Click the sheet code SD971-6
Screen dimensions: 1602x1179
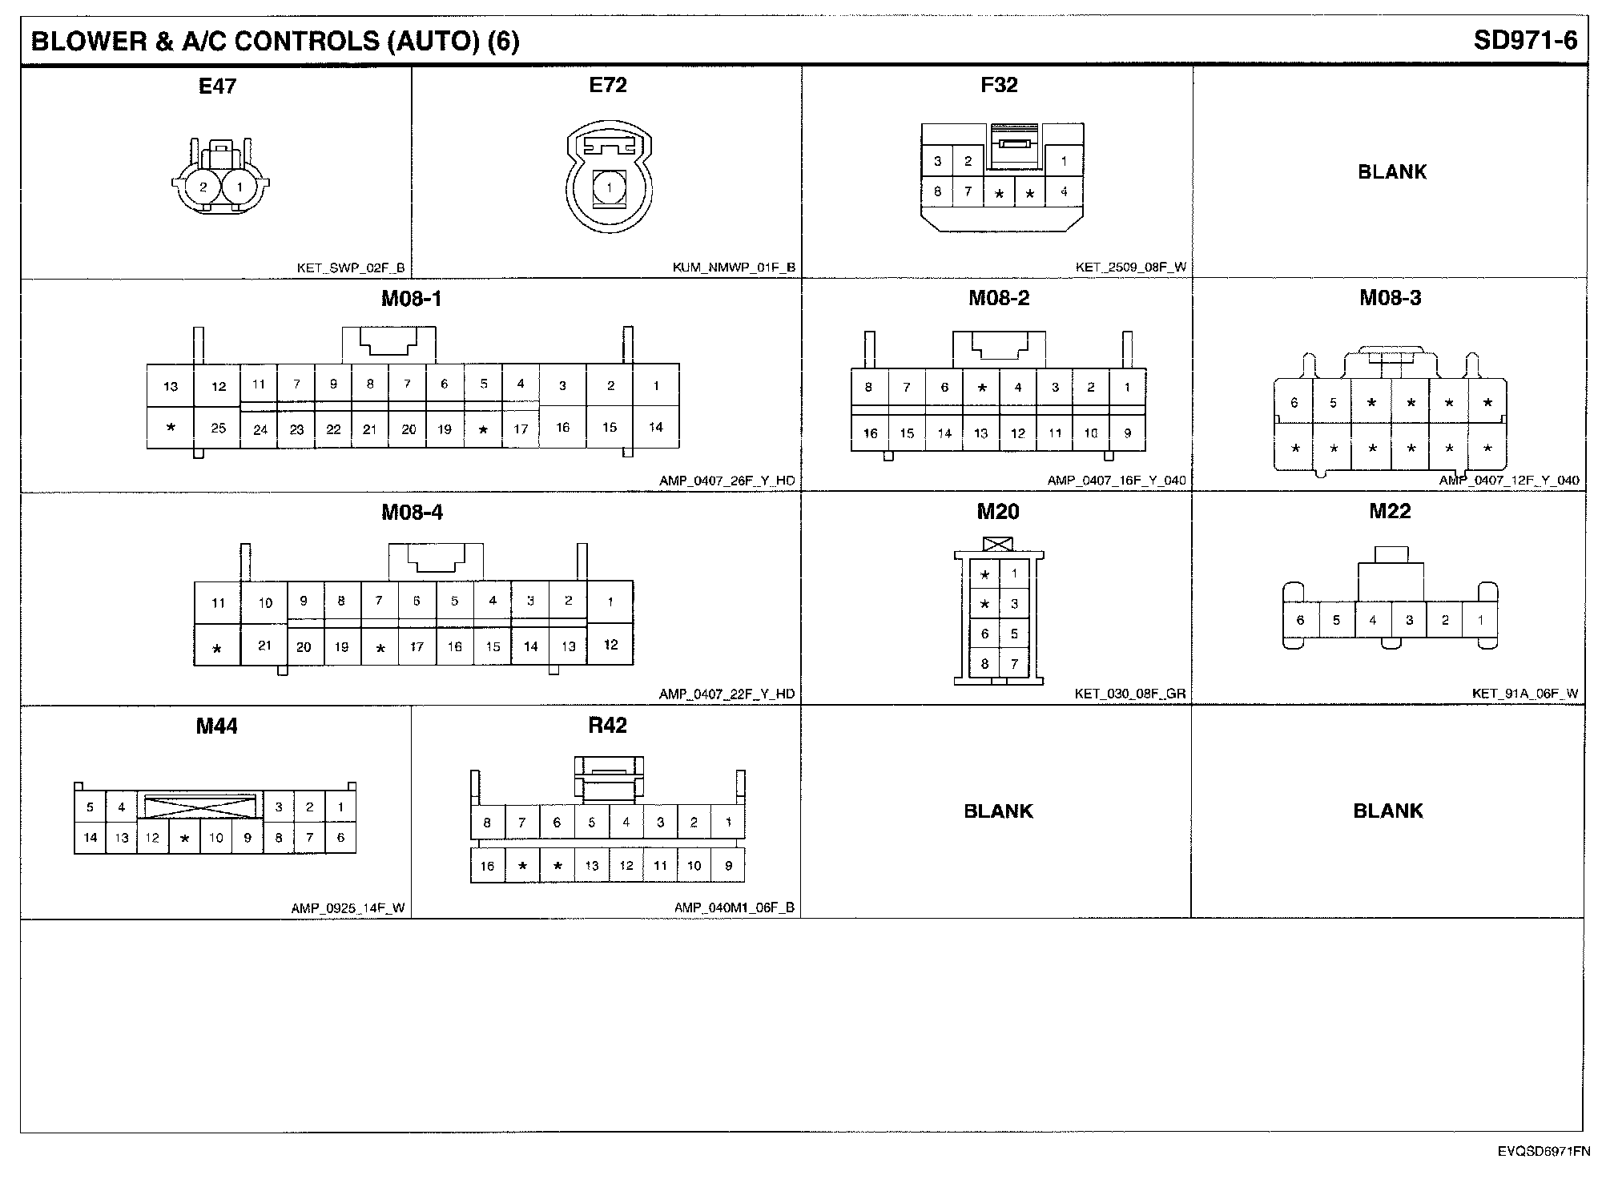[1525, 41]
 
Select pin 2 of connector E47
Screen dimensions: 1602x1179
[203, 187]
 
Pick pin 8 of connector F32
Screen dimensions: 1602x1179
[937, 192]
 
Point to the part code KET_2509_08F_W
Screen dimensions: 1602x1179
[1130, 267]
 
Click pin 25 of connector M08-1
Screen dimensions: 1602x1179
[219, 428]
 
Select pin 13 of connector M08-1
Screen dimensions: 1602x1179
[171, 387]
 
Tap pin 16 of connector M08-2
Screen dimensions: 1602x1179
[870, 433]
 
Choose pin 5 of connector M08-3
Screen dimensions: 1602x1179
[1333, 403]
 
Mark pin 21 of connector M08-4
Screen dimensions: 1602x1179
[264, 646]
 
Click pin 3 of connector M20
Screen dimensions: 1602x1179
[1014, 604]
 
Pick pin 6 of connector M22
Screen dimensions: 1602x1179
[1300, 620]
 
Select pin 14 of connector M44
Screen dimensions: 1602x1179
[90, 838]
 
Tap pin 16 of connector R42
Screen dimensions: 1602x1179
[487, 866]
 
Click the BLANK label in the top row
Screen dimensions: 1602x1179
[1392, 172]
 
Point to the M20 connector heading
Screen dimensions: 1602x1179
[997, 512]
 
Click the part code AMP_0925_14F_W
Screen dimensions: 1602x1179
[348, 908]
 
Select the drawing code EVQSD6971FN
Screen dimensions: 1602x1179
[1544, 1152]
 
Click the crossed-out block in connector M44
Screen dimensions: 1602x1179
[200, 805]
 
